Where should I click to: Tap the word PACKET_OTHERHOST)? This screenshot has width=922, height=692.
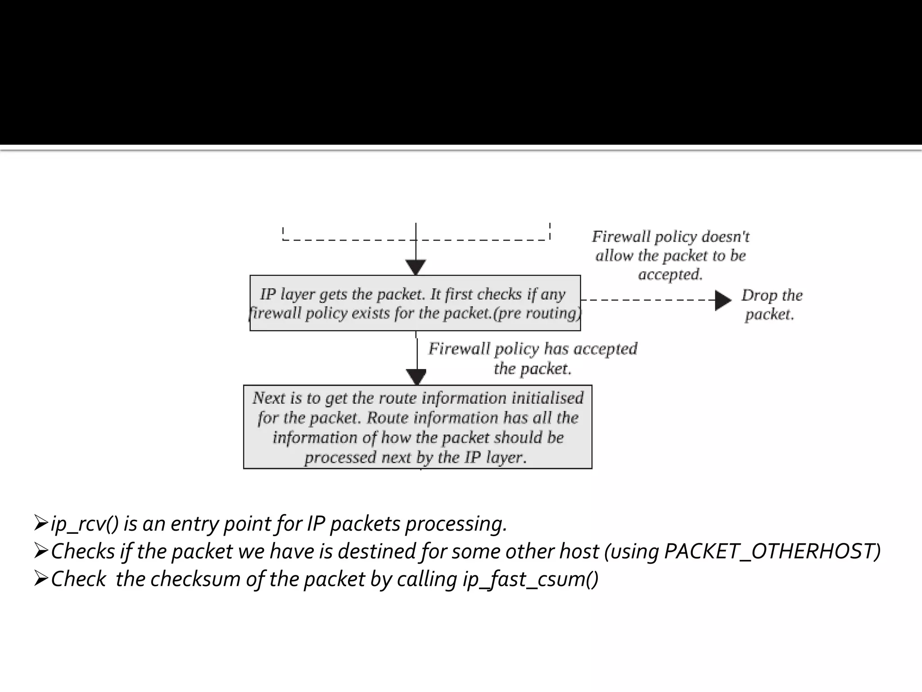(x=772, y=551)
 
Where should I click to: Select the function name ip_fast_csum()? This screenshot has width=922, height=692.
(x=530, y=579)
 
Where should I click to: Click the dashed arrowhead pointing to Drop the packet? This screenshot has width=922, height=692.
(x=723, y=300)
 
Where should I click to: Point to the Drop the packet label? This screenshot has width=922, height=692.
(x=771, y=305)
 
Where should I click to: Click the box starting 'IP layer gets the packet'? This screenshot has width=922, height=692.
(x=415, y=303)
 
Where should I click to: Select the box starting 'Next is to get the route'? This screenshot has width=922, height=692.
(x=417, y=427)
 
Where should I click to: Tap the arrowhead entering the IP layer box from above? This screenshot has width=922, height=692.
(x=416, y=267)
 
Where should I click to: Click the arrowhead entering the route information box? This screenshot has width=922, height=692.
(x=416, y=377)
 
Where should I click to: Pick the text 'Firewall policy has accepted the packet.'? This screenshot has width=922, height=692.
(x=533, y=359)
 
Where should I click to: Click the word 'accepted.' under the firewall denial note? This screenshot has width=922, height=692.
(x=670, y=274)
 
